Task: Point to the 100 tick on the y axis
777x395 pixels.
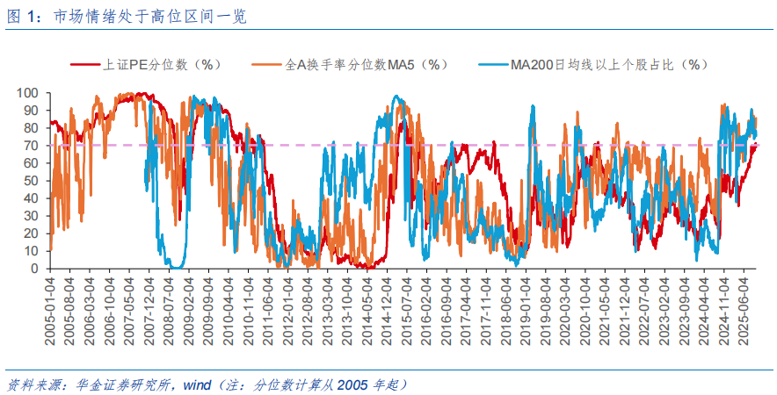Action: click(29, 93)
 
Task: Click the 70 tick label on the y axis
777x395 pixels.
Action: click(32, 146)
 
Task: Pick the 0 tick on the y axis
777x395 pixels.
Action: click(35, 269)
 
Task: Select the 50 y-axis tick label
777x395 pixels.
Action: click(32, 181)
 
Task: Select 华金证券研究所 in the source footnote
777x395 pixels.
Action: click(120, 384)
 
